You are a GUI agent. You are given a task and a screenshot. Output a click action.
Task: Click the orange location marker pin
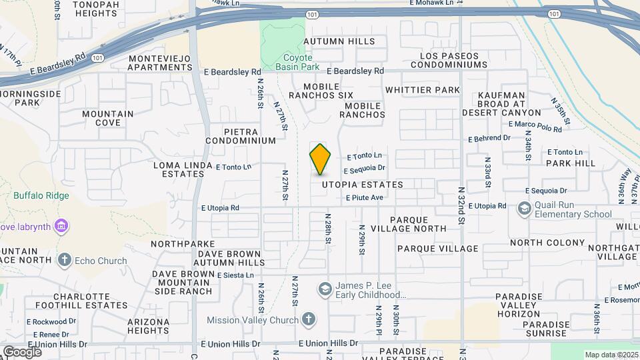pos(320,159)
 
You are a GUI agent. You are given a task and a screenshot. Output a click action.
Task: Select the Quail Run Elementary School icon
pos(525,209)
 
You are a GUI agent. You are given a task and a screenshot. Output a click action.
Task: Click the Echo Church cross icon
pos(65,260)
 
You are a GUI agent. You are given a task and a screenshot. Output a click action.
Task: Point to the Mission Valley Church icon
pos(308,320)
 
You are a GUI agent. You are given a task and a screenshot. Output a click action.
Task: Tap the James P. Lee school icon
pos(325,289)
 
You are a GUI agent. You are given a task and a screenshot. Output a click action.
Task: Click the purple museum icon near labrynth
pos(61,226)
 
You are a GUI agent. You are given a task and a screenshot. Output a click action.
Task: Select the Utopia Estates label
pos(362,185)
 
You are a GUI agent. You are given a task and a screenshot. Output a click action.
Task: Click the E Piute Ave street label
pos(364,198)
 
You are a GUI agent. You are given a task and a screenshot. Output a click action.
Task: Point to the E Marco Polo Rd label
pos(535,125)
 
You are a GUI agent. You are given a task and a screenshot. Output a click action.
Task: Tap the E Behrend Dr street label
pos(489,139)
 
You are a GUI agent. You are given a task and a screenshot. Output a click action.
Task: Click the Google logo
pos(22,351)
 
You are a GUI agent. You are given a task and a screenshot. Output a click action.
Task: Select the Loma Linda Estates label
pos(178,169)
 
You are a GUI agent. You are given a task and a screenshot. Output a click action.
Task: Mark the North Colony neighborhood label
pos(539,243)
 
